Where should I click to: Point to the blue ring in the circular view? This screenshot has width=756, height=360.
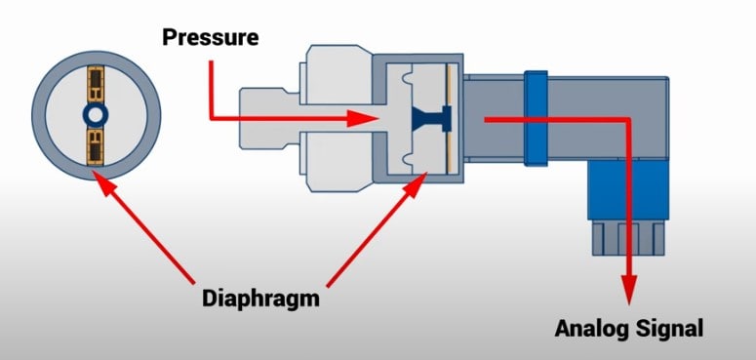pyautogui.click(x=96, y=116)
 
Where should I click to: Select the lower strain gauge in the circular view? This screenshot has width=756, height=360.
pyautogui.click(x=96, y=147)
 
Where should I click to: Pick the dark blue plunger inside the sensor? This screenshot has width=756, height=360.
pyautogui.click(x=428, y=118)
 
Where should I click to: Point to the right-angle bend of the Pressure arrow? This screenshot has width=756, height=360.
pyautogui.click(x=212, y=118)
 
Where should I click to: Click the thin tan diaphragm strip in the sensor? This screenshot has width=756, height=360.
pyautogui.click(x=450, y=118)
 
